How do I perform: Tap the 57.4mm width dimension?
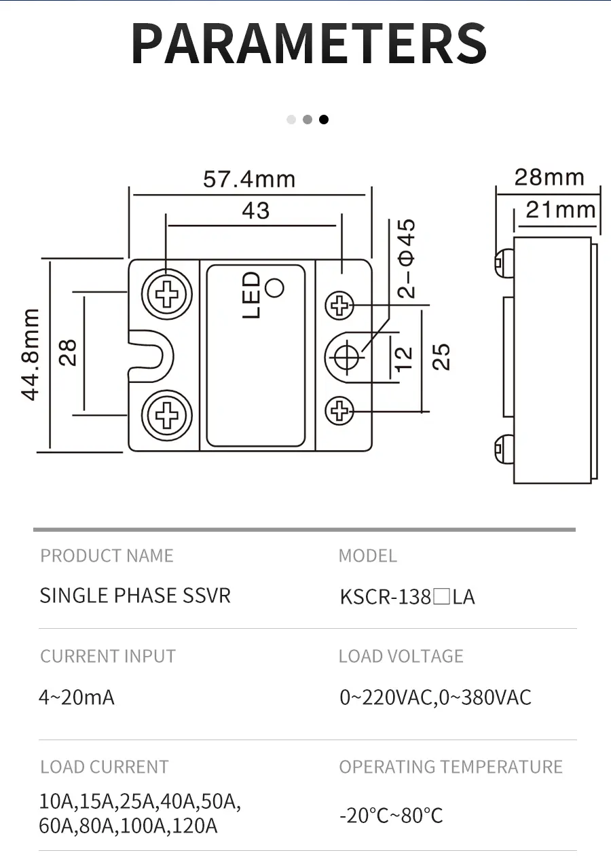(249, 179)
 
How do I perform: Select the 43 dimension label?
(255, 211)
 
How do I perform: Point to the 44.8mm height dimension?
(31, 354)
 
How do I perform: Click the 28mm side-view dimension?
(549, 177)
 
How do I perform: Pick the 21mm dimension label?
(560, 210)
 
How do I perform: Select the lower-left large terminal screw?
(165, 413)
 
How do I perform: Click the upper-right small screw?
(340, 306)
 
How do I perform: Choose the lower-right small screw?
(340, 410)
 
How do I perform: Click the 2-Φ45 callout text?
(407, 259)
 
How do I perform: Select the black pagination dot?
(324, 120)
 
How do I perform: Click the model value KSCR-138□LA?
(407, 597)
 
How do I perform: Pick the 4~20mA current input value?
(76, 697)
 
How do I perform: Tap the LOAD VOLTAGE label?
(401, 656)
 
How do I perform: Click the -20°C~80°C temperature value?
(391, 815)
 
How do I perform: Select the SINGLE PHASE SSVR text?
(135, 596)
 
